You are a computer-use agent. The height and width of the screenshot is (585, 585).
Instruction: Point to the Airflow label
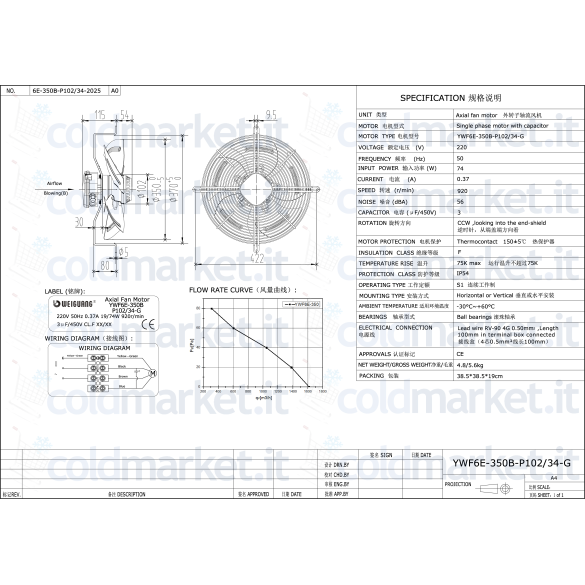(55, 185)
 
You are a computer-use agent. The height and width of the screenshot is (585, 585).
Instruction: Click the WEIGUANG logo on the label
(68, 300)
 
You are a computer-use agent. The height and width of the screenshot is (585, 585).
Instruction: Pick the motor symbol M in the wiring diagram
(152, 373)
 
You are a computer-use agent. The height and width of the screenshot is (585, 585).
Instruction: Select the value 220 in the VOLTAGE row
(461, 147)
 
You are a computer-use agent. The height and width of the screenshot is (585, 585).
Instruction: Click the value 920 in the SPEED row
(461, 189)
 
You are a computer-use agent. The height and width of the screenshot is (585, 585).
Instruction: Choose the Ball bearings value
(476, 315)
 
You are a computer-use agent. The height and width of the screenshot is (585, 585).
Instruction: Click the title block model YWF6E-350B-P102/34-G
(506, 463)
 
